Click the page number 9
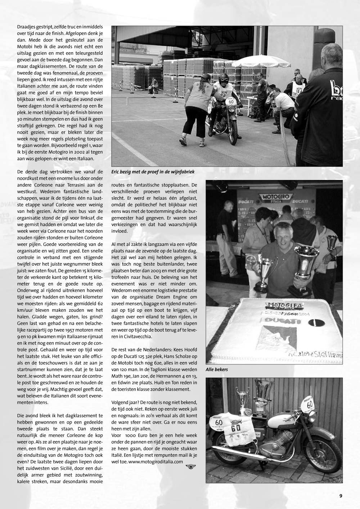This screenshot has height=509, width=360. (341, 496)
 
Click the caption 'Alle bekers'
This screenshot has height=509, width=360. (217, 369)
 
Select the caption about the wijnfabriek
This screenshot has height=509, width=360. (153, 172)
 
